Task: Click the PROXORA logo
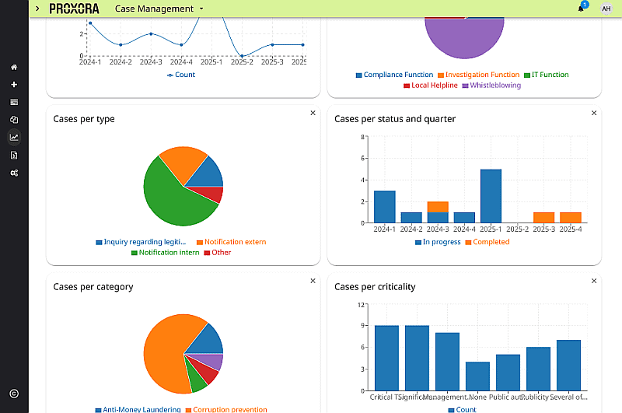[74, 9]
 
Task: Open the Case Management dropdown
[159, 9]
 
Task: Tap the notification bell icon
[580, 9]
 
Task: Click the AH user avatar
[606, 9]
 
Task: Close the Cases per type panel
[313, 113]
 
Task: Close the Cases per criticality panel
[594, 281]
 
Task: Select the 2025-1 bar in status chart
[491, 195]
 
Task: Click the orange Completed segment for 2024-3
[438, 207]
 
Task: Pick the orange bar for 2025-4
[570, 218]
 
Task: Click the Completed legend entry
[487, 242]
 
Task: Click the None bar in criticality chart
[477, 376]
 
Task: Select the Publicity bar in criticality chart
[538, 369]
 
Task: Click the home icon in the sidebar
[14, 67]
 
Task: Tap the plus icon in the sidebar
[14, 85]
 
